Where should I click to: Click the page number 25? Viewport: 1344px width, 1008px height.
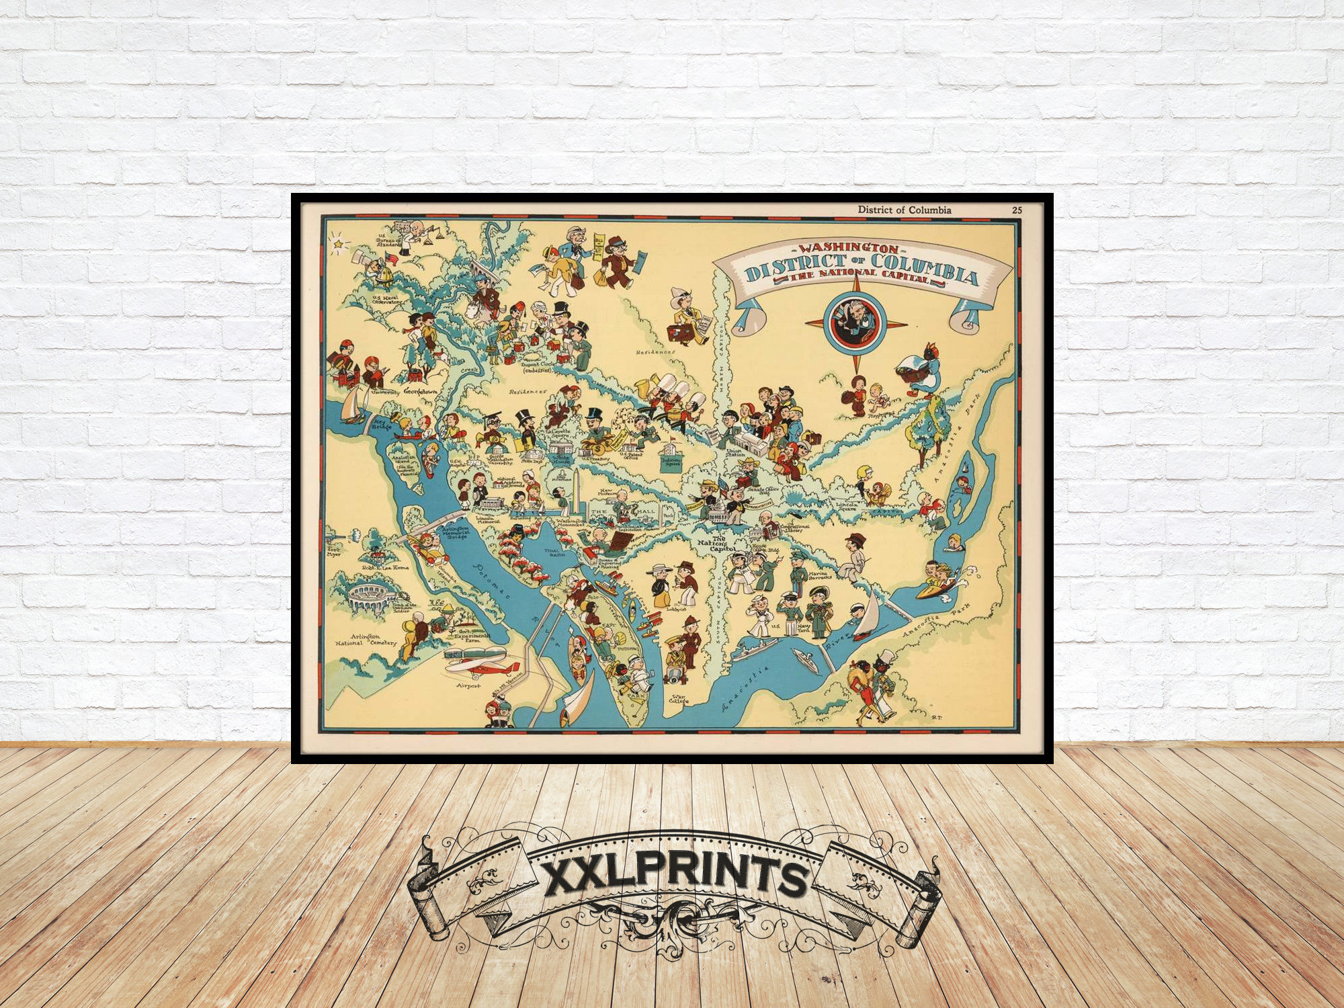(x=1017, y=210)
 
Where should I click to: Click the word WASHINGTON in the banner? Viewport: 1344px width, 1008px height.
(x=847, y=249)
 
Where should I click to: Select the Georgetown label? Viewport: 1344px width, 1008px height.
(x=420, y=391)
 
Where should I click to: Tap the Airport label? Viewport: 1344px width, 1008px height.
(x=468, y=685)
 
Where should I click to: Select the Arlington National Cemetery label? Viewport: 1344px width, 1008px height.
(x=366, y=640)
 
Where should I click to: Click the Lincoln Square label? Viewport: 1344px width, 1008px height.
(x=847, y=505)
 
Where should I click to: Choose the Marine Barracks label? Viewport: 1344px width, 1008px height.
(x=820, y=575)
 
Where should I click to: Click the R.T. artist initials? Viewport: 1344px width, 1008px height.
(x=937, y=717)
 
